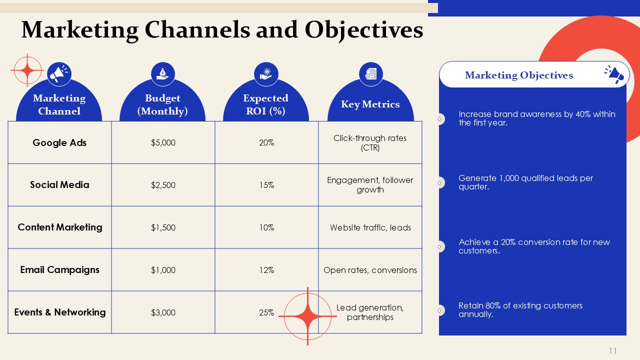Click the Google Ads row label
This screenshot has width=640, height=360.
(x=59, y=142)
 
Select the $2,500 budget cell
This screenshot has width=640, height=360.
(x=163, y=185)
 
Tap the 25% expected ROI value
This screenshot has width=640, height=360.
(x=266, y=312)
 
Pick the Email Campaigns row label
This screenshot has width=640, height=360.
(x=59, y=269)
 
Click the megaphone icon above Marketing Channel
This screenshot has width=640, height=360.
(x=59, y=73)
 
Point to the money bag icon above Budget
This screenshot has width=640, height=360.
(x=163, y=74)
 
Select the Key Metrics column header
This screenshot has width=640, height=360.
(x=370, y=104)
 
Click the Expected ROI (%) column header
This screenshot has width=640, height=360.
(x=265, y=104)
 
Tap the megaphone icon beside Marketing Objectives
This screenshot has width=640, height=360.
(x=614, y=74)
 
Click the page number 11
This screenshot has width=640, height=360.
(x=612, y=351)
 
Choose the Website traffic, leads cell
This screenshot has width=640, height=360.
(x=370, y=227)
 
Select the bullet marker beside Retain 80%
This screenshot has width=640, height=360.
(x=439, y=310)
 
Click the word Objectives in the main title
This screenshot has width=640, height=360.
(x=363, y=30)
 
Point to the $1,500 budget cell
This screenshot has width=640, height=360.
(x=163, y=227)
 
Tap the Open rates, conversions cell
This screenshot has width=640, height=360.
(x=370, y=270)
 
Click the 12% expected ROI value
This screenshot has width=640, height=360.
(x=266, y=270)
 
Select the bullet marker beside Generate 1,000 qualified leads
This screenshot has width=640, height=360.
(x=439, y=183)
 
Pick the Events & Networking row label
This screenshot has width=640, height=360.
(x=59, y=312)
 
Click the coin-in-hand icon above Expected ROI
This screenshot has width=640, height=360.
(x=266, y=74)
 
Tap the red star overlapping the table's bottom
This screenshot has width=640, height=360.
(x=307, y=316)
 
